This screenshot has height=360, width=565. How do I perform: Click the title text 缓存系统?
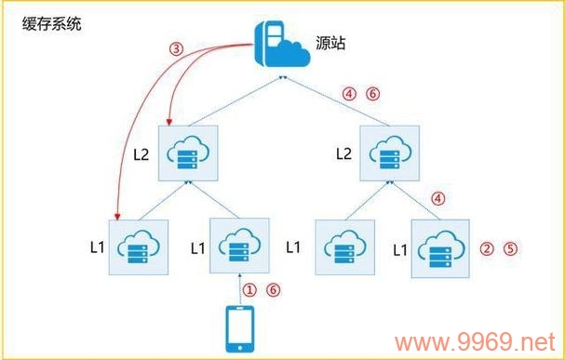(52, 23)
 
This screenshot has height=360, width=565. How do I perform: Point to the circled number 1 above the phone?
(249, 289)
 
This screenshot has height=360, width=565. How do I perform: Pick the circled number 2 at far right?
(485, 249)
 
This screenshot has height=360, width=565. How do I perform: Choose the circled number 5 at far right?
(509, 249)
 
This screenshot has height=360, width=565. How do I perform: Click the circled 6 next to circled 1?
(272, 289)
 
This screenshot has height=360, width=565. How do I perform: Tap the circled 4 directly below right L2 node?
(440, 197)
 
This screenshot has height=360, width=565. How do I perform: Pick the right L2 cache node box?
(388, 153)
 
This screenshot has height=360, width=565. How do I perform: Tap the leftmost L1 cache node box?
(139, 247)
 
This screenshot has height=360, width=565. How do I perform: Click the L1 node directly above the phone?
(240, 247)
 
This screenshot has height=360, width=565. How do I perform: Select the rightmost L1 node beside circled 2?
(440, 247)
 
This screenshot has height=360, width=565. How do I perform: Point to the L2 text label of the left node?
(141, 153)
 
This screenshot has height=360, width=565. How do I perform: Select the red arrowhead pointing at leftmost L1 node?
(114, 216)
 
